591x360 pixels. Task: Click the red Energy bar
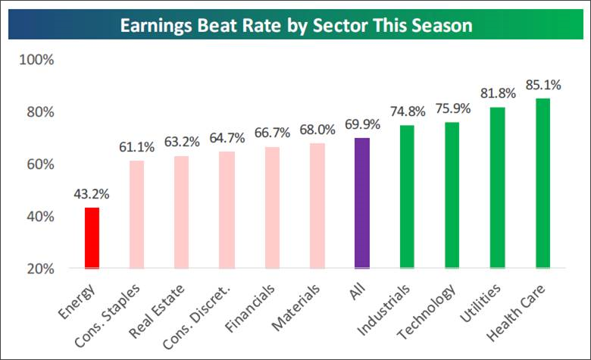pos(91,238)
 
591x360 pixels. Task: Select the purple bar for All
pos(362,203)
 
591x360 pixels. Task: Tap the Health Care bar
pos(543,183)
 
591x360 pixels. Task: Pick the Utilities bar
pos(497,188)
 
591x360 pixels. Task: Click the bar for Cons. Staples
pos(136,214)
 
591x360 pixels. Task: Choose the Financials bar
pos(272,208)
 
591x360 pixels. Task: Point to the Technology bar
pos(452,196)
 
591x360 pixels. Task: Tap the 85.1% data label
pos(543,84)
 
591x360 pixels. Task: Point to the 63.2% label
pos(182,142)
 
